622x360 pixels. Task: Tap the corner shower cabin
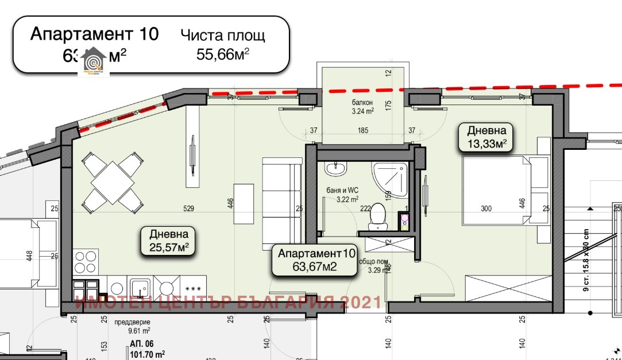click(x=391, y=175)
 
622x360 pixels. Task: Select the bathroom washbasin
click(x=335, y=169)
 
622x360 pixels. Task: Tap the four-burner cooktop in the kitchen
click(x=86, y=263)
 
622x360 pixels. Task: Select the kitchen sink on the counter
click(x=140, y=287)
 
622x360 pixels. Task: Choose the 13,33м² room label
click(x=486, y=137)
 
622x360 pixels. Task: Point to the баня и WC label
click(x=338, y=195)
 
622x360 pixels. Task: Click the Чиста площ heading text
click(x=223, y=36)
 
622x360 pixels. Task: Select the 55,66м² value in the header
click(x=223, y=55)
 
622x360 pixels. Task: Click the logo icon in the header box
click(x=93, y=60)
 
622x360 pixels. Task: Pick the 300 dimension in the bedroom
click(x=486, y=208)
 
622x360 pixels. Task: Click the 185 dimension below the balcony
click(x=362, y=131)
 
